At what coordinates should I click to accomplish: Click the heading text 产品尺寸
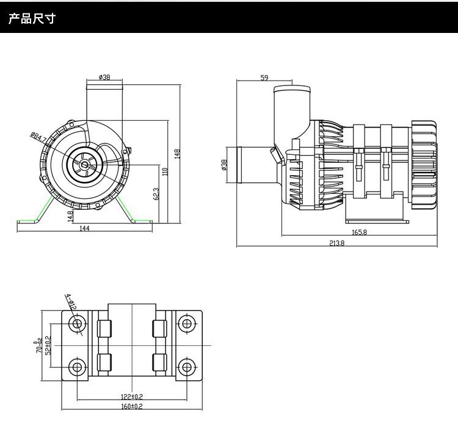tap(32, 19)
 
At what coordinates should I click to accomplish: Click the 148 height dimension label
tap(178, 154)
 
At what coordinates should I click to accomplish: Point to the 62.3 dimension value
tap(156, 194)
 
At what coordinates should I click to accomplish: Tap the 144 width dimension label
tap(84, 228)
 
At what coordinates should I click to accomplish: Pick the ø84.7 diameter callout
tap(37, 137)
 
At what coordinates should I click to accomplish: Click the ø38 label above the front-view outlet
tap(104, 77)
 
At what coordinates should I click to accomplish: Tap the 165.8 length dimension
tap(359, 232)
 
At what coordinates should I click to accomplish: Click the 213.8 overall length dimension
tap(336, 243)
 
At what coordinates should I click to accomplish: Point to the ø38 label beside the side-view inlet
tap(224, 165)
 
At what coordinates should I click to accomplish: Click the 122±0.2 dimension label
tap(132, 397)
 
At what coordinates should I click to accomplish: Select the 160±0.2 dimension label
tap(131, 406)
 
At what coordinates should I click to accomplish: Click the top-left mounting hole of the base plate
tap(77, 326)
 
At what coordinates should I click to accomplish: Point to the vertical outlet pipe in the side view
tap(291, 110)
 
